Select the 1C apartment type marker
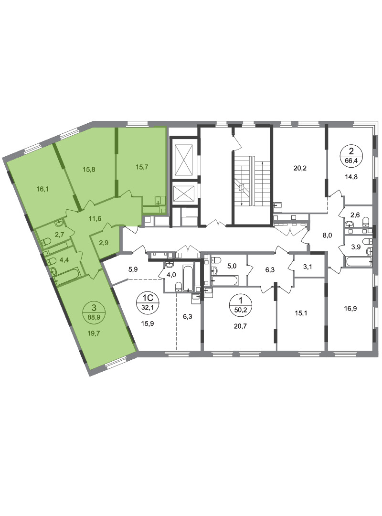[147, 298]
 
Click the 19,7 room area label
[94, 333]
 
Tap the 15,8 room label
[89, 170]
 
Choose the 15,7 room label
[142, 167]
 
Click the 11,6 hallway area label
[95, 218]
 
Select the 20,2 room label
[300, 168]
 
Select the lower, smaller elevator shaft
[183, 193]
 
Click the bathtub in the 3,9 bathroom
[359, 262]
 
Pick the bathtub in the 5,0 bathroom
[225, 281]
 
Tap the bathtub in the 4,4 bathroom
[67, 276]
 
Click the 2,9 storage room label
[104, 243]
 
